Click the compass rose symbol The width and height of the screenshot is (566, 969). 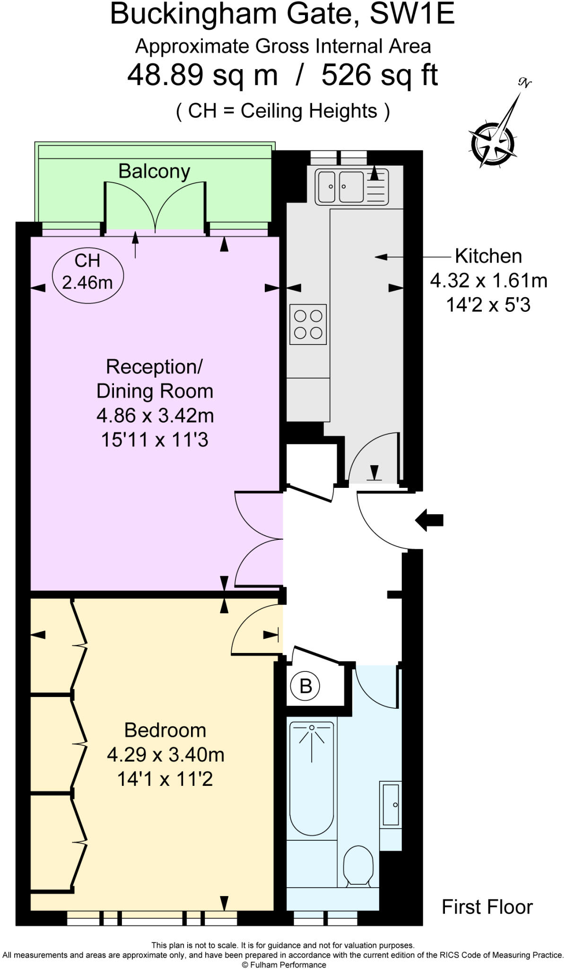[492, 141]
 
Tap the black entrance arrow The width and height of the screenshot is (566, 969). [429, 520]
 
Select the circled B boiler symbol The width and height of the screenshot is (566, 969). [305, 686]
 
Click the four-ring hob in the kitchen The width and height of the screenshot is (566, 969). [308, 324]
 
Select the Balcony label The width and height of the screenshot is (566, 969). [154, 171]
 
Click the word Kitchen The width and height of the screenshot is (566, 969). [488, 256]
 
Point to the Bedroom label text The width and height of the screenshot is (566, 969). [165, 730]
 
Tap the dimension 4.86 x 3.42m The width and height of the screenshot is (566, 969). [155, 416]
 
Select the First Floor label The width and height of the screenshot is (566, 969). [487, 907]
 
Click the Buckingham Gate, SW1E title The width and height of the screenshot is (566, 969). [282, 14]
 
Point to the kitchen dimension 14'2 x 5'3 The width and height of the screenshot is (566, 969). [488, 305]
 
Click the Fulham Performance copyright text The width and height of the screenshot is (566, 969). [284, 965]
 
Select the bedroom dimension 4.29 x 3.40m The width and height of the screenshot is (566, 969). [165, 755]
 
